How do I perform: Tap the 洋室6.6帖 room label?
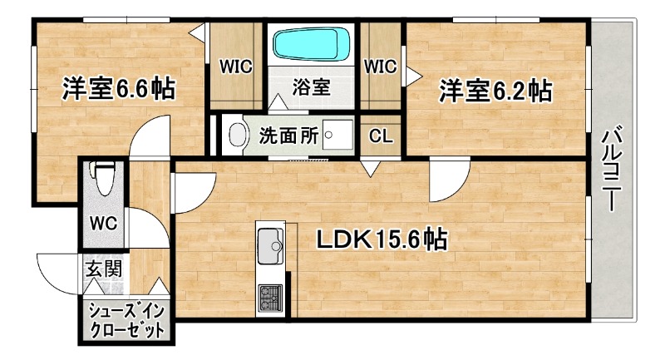coord(118,89)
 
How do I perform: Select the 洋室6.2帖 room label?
coord(495,90)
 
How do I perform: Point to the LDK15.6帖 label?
coord(382,241)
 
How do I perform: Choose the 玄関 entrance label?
coord(104,269)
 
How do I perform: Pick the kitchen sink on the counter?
coord(271,248)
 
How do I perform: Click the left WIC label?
coord(235,66)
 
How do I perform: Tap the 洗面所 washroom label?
coord(289,136)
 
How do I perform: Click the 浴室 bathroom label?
coord(312,86)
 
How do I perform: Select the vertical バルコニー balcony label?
coord(613,167)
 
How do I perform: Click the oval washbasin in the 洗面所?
coord(238,136)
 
